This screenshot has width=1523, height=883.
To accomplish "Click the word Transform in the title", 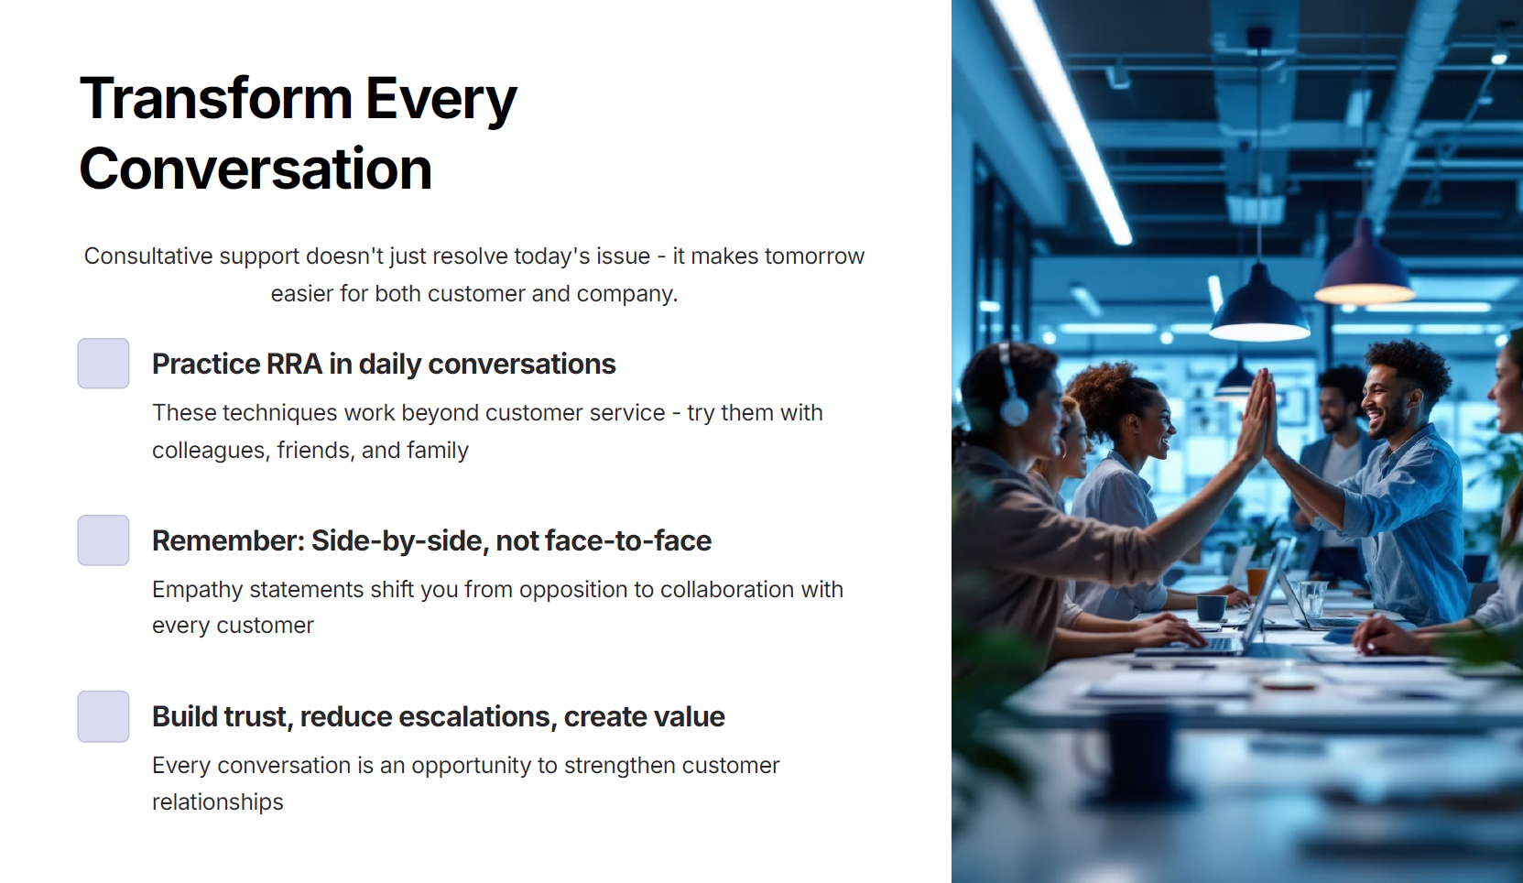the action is coord(215,99).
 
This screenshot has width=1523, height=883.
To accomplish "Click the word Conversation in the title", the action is coord(256,169).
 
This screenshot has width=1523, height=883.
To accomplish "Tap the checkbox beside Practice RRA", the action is coord(103,364).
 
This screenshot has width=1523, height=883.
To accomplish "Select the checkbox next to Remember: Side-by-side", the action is coord(103,540).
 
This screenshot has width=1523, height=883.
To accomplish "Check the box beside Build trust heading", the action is coord(103,716).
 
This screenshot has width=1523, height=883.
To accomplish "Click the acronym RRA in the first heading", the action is coord(294,364).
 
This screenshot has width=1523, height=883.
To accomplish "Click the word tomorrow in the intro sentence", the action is coord(814,256).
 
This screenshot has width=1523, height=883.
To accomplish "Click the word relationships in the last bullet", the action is coord(218,802).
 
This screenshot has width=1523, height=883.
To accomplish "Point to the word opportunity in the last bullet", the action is coord(471,767).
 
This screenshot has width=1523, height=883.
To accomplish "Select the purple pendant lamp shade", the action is coord(1365,264).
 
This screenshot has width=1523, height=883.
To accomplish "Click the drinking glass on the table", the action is coord(1311,599).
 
